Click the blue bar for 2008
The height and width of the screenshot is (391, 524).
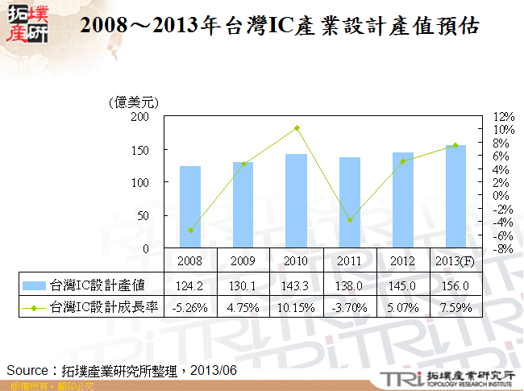(x=190, y=207)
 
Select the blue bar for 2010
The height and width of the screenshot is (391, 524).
(x=297, y=201)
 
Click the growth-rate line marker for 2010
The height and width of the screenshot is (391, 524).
(x=297, y=128)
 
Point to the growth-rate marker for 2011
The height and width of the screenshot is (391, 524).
(x=350, y=220)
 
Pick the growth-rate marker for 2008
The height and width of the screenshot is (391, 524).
(x=190, y=231)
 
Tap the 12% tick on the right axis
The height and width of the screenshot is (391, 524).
(x=503, y=116)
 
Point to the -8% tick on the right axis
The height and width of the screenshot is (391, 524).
(x=503, y=249)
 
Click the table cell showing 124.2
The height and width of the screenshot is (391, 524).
(x=190, y=285)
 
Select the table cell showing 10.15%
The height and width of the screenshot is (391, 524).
(x=297, y=306)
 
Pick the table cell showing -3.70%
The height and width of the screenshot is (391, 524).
(x=350, y=306)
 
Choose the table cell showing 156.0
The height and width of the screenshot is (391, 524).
(x=456, y=285)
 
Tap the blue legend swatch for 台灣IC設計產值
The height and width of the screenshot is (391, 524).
(x=34, y=285)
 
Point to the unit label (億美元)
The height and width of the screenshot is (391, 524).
(x=132, y=102)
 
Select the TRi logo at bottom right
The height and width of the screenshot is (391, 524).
(x=401, y=377)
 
